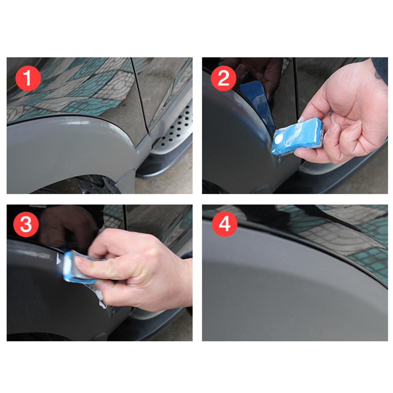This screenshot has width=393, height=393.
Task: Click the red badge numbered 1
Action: (x=28, y=78)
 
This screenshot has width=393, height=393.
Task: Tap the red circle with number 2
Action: (x=223, y=78)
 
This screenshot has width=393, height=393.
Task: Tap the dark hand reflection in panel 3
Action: (x=65, y=227)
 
